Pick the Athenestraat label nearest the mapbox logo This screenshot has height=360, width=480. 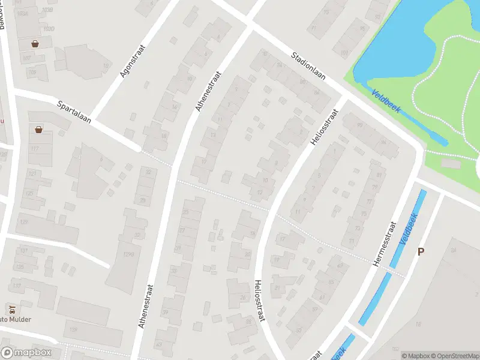(146, 305)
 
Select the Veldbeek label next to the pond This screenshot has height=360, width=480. (384, 100)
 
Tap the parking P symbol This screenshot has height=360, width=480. (421, 253)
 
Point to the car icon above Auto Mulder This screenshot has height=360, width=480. (12, 309)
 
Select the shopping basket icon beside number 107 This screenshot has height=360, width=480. (35, 44)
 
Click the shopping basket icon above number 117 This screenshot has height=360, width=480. (39, 129)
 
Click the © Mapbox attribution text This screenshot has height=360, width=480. (415, 356)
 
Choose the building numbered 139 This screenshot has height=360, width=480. (73, 329)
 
